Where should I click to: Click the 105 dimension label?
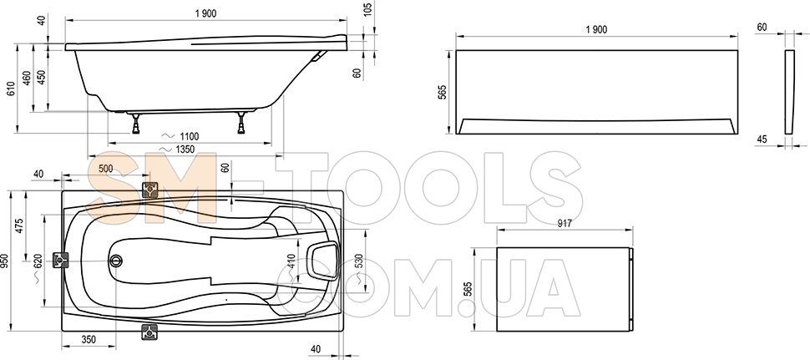tap(367, 9)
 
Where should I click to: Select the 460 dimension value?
tap(27, 78)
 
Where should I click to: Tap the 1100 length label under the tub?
tap(189, 136)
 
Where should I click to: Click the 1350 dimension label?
tap(185, 150)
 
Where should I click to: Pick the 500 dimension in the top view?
tap(105, 169)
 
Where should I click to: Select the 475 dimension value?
tap(20, 226)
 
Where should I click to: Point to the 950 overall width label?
tap(5, 262)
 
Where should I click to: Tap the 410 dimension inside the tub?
tap(291, 262)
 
